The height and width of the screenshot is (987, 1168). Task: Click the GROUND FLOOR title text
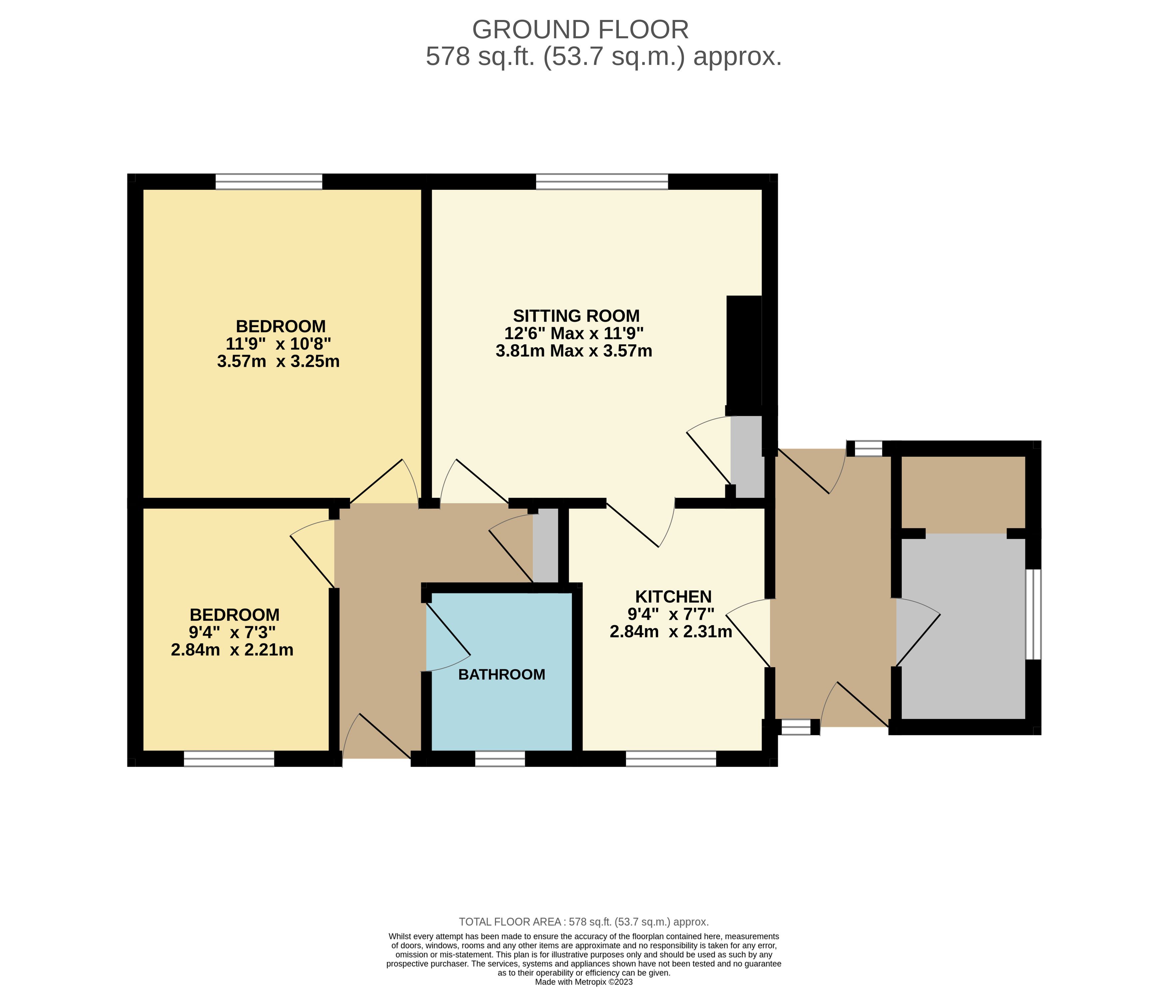tap(581, 30)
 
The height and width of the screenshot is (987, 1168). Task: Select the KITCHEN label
tap(673, 597)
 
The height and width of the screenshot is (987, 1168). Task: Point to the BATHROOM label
tap(502, 674)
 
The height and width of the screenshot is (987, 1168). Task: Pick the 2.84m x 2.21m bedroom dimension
tap(232, 649)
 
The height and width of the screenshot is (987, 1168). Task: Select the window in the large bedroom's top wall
tap(269, 181)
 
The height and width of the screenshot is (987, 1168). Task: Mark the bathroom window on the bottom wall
tap(500, 758)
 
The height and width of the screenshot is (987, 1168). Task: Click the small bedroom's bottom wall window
tap(229, 758)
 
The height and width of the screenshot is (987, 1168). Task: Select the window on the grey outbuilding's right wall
tap(1033, 615)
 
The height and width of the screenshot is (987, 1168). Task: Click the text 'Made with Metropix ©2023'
tap(584, 981)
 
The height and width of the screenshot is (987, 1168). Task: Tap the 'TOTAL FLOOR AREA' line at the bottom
tap(584, 921)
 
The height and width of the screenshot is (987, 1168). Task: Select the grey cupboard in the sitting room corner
tap(747, 456)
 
